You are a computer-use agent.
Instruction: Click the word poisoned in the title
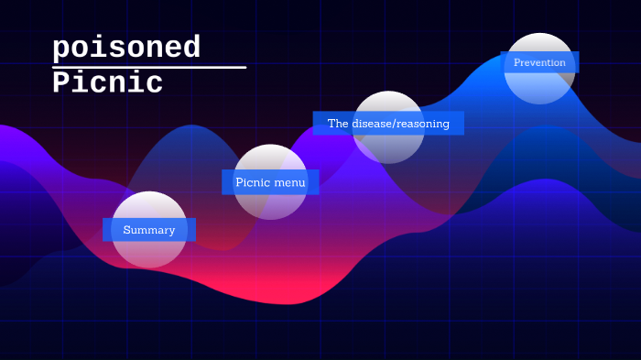(x=126, y=48)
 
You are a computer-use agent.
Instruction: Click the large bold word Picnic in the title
(x=107, y=83)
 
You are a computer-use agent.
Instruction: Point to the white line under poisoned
(x=149, y=67)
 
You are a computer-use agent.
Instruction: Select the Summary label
(x=148, y=230)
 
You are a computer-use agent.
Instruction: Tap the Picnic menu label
(x=270, y=182)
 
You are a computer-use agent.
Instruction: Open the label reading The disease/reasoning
(x=388, y=123)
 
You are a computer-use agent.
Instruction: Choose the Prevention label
(x=539, y=62)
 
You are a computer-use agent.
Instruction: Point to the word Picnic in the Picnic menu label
(x=252, y=182)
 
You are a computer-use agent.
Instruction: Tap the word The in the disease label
(x=338, y=123)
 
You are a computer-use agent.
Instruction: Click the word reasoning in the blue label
(x=424, y=123)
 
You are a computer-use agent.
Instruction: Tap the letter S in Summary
(x=127, y=230)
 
